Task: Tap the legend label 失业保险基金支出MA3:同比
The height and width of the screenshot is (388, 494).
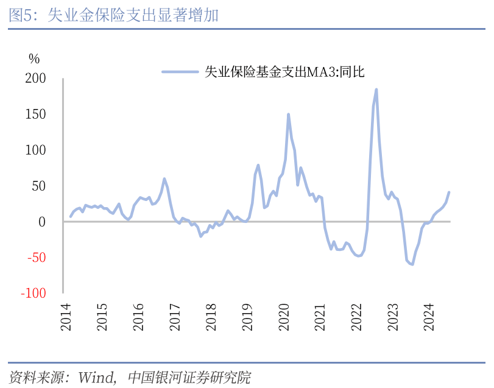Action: (x=284, y=72)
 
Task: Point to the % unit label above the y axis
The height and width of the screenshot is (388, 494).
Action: (x=34, y=59)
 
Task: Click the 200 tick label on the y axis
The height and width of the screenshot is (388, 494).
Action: (x=35, y=79)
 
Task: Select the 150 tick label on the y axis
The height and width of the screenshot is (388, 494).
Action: (x=35, y=115)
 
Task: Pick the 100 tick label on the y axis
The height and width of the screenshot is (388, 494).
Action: (x=35, y=150)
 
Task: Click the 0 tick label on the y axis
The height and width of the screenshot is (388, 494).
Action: (x=42, y=222)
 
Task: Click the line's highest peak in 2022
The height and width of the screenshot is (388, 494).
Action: (x=376, y=90)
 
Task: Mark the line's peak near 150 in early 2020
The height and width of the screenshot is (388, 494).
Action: (x=288, y=114)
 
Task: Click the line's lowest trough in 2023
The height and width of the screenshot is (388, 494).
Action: (x=412, y=264)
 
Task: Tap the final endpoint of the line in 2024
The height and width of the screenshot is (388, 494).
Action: (x=449, y=192)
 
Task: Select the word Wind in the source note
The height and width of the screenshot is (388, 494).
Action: (x=95, y=378)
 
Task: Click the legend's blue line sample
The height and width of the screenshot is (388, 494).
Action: (x=180, y=72)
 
